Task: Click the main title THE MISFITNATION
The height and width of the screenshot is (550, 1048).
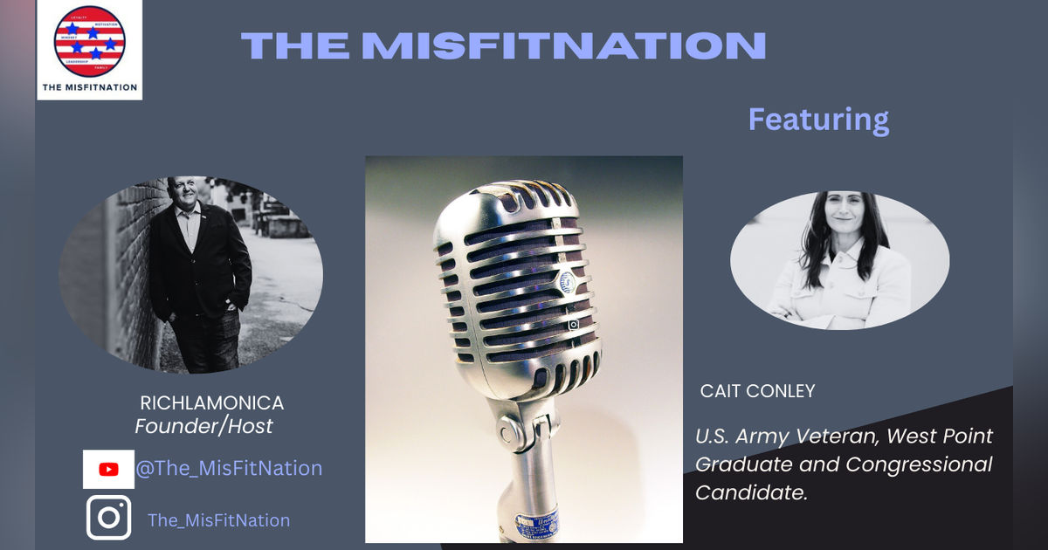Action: coord(503,45)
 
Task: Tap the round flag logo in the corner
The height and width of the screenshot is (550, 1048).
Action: coord(89,41)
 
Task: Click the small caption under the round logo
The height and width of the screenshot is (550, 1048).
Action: coord(89,86)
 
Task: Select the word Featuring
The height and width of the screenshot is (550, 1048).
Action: coord(818,119)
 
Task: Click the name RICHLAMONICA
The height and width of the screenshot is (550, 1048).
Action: coord(211,403)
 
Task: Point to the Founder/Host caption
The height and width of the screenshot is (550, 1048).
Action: coord(203,426)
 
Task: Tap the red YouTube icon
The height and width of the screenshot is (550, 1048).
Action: coord(108,470)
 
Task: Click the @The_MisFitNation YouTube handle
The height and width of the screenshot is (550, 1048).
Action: coord(229,468)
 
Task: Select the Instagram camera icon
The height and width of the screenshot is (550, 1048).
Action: coord(108,518)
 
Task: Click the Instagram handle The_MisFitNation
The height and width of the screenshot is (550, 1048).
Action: coord(218,520)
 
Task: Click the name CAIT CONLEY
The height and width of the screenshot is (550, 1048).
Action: coord(757,392)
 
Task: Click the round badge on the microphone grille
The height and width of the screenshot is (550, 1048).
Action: coord(568,282)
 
